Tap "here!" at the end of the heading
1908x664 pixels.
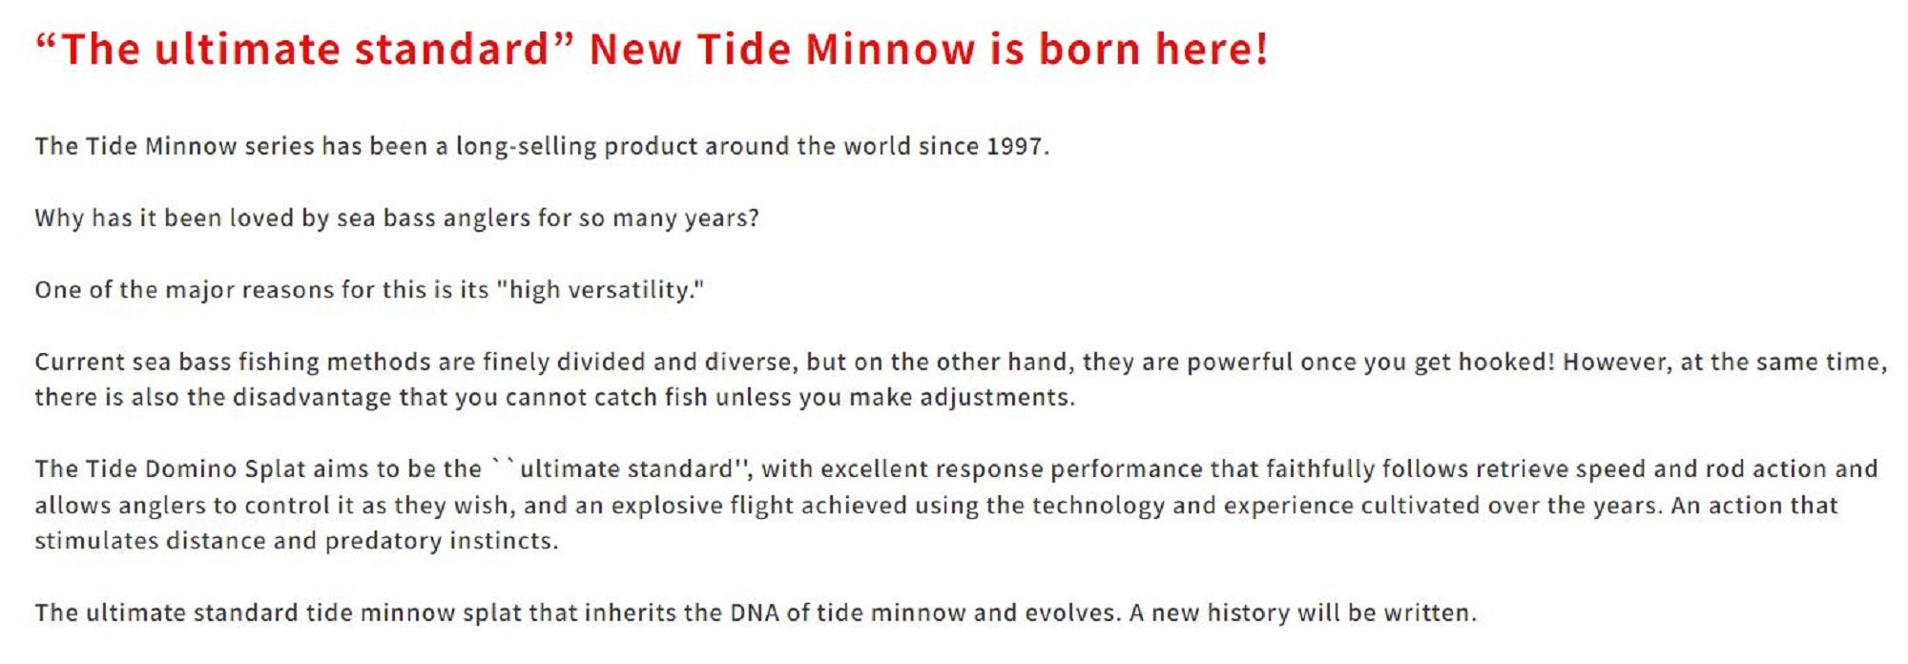[1212, 49]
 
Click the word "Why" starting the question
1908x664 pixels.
[59, 218]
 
